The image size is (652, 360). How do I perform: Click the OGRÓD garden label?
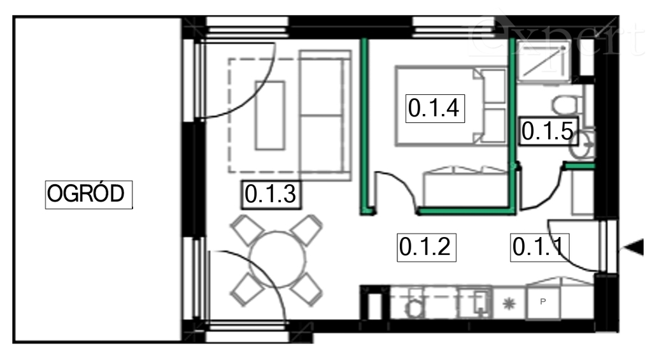(89, 194)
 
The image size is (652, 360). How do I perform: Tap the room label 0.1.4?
(433, 108)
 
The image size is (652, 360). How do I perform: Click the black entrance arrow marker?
(630, 250)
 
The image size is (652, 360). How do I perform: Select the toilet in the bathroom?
(564, 104)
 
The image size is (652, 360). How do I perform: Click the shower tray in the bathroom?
(542, 62)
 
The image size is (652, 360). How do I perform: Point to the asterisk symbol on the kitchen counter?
(508, 303)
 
